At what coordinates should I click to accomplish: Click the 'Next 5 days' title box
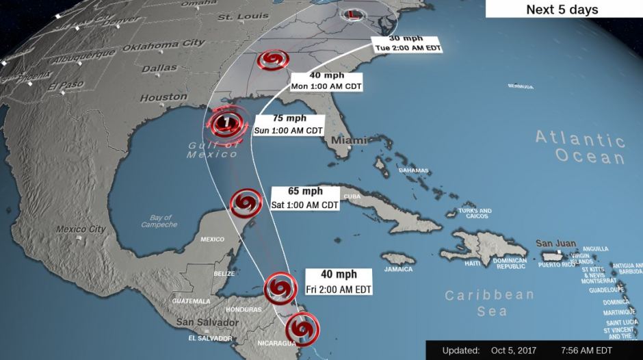pyautogui.click(x=562, y=10)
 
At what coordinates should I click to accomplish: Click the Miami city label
pyautogui.click(x=345, y=140)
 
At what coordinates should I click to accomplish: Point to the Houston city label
pyautogui.click(x=163, y=98)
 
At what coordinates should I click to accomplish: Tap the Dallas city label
pyautogui.click(x=159, y=68)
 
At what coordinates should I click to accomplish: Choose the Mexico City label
pyautogui.click(x=81, y=229)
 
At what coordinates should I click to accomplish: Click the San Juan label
pyautogui.click(x=553, y=244)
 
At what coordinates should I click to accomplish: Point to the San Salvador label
pyautogui.click(x=207, y=322)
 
